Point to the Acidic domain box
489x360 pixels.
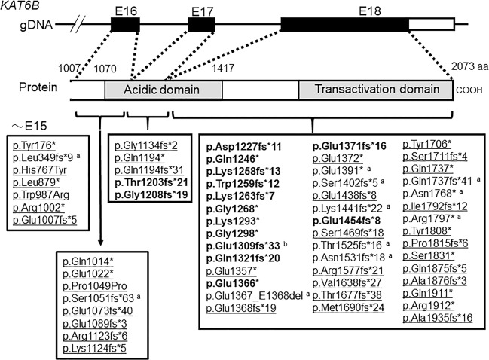[163, 90]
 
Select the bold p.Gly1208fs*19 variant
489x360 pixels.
[150, 191]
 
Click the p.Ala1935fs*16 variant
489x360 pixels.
[441, 340]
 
